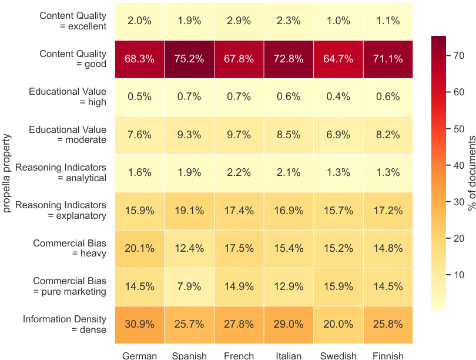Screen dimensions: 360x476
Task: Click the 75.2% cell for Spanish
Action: pos(189,59)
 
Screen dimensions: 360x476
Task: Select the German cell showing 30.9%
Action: pos(139,324)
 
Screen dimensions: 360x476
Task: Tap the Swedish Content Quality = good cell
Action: pos(338,59)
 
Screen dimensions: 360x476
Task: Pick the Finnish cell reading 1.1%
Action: pos(387,21)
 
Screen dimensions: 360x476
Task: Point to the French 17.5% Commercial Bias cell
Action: pos(239,248)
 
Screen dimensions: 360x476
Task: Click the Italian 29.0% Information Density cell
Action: pos(289,324)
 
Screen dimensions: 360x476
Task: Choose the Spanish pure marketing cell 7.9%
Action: pos(189,286)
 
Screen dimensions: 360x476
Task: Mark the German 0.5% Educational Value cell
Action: pos(139,96)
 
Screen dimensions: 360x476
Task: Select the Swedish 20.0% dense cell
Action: pos(338,324)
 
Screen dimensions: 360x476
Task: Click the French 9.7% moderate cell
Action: pos(239,135)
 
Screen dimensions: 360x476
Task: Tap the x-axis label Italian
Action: pos(289,355)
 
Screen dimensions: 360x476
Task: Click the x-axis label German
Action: pos(139,355)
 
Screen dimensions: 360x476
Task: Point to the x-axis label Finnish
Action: pos(387,355)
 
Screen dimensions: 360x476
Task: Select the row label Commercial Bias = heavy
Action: pos(69,248)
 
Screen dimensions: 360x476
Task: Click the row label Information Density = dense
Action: pos(65,324)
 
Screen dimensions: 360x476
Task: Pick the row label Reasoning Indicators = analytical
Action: pos(61,172)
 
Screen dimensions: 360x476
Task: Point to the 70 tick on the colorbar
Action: pos(458,55)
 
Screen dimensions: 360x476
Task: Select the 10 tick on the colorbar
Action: pos(458,275)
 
